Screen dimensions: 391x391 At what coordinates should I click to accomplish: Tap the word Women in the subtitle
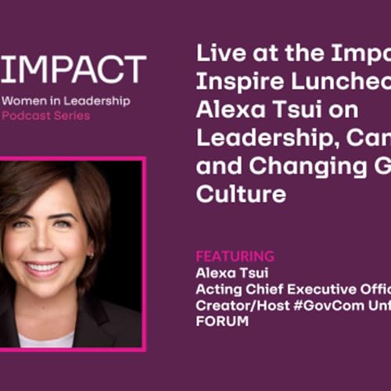point(24,101)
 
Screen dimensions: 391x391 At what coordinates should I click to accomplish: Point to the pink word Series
point(72,116)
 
